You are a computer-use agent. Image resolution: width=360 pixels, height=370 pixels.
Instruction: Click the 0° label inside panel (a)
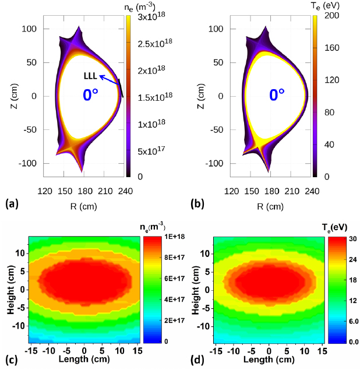pos(94,96)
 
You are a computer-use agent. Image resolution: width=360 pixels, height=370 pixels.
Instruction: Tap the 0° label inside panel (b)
pos(277,96)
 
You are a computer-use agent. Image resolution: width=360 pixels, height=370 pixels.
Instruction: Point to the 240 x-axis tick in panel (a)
pos(136,191)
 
